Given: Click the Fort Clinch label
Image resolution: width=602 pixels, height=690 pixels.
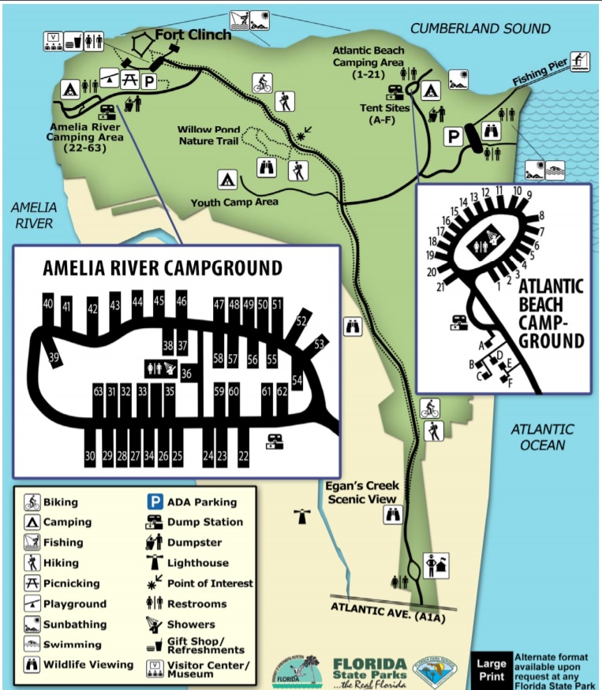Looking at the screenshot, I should (193, 35).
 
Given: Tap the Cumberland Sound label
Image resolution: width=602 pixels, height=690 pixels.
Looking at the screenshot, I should (480, 29).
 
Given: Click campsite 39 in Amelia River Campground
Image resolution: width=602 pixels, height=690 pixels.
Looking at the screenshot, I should (54, 358).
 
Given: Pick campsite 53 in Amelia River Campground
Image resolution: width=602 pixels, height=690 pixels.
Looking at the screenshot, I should (319, 345).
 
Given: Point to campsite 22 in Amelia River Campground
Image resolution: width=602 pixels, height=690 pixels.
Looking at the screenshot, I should (243, 455).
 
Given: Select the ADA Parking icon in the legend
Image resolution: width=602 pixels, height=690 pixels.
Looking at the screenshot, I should (155, 502).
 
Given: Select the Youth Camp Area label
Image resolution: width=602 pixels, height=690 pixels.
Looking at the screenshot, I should (234, 203).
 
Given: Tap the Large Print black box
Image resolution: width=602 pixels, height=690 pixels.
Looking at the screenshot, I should (490, 669).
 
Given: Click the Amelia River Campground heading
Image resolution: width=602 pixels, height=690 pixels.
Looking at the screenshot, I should (162, 268).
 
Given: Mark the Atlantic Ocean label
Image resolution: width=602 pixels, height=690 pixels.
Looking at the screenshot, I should (542, 437).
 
